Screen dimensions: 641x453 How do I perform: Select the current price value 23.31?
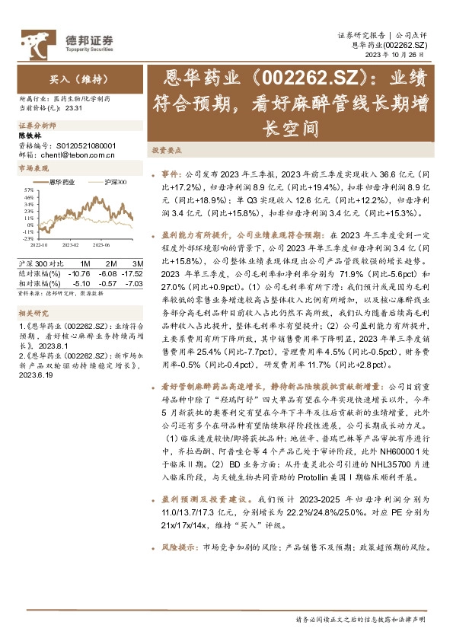coord(74,108)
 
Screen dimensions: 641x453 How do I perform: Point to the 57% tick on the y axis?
coord(27,188)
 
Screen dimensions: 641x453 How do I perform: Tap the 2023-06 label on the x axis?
coord(100,245)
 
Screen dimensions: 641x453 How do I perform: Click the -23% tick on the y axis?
coord(27,238)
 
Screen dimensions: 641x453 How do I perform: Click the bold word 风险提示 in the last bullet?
coord(180,589)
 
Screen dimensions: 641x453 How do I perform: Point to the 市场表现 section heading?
coord(33,167)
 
